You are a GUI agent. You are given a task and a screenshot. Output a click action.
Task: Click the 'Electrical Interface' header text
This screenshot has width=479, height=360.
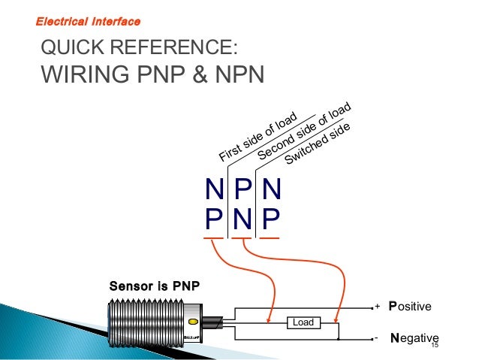coord(88,20)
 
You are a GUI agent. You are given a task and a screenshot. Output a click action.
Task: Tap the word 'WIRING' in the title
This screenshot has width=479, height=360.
coord(91,76)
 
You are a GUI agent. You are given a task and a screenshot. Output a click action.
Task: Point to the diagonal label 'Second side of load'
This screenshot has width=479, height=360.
coord(303,131)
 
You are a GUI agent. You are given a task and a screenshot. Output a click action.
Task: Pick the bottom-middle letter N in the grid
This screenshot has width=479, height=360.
coord(242,220)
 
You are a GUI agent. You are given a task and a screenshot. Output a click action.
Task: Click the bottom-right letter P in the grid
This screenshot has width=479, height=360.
coord(270,220)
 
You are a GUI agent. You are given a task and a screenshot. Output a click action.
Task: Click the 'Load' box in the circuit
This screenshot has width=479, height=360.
coord(303,322)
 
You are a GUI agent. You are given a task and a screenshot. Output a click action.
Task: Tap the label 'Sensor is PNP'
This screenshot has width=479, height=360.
coord(154,286)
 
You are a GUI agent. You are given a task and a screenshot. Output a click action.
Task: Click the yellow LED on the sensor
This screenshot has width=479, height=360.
coord(192,322)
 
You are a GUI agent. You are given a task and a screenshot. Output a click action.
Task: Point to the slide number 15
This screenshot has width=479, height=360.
coord(434,348)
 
